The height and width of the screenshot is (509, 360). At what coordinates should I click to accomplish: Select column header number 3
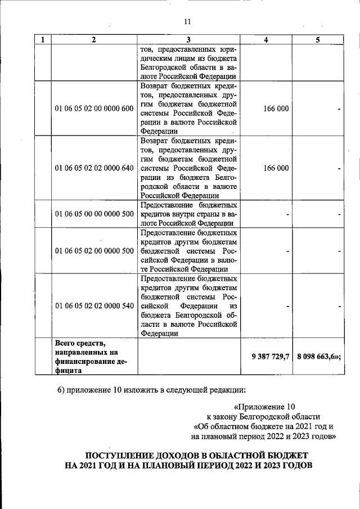188,40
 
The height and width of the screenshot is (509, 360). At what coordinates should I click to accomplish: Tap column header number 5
318,40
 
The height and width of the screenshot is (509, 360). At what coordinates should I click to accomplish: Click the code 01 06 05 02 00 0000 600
94,109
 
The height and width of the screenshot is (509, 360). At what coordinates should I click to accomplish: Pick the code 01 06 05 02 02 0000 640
94,168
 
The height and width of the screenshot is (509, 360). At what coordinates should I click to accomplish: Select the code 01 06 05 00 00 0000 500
94,214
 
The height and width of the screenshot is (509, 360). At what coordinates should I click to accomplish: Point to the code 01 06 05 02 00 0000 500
94,250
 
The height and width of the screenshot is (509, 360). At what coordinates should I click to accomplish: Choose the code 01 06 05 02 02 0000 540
94,305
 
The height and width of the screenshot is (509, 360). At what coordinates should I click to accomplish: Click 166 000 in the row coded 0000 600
276,109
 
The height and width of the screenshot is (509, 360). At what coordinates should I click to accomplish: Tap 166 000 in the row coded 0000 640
276,168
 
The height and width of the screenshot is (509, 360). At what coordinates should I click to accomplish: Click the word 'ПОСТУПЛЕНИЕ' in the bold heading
119,454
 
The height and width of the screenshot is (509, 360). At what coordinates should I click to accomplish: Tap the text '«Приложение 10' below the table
264,406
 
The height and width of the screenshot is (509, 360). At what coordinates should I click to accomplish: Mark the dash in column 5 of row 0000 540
340,306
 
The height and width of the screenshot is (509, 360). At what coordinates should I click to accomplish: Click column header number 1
43,40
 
